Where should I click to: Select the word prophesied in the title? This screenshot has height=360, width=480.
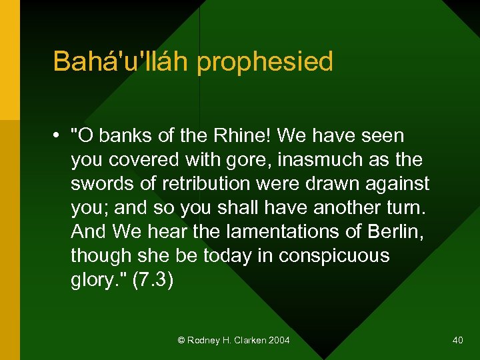pos(265,63)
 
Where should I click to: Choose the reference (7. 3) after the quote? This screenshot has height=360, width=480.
pos(153,281)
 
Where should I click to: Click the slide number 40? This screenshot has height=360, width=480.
pos(457,341)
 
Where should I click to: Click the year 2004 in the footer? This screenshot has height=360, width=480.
pos(279,341)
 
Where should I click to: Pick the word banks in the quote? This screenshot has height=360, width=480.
pos(125,136)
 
